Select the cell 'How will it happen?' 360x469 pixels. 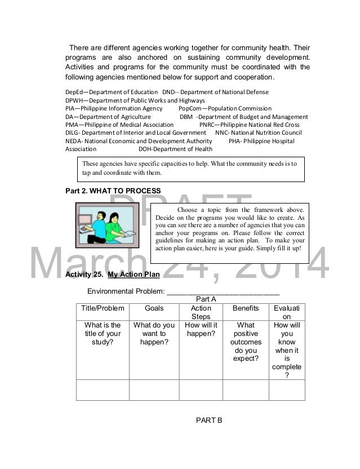click(x=201, y=330)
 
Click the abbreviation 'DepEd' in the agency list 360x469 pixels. click(x=75, y=92)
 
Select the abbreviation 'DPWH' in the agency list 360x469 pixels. click(x=75, y=100)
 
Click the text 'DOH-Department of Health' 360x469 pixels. click(x=175, y=149)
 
